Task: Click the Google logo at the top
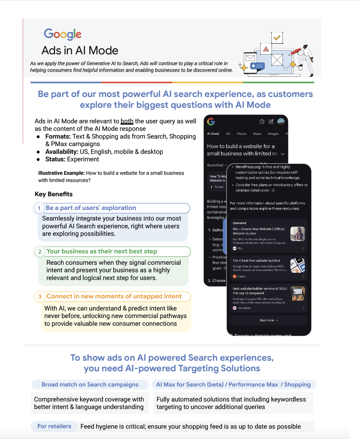tap(63, 34)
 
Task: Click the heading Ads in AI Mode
tap(80, 50)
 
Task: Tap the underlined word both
tap(127, 121)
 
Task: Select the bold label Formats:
tap(58, 136)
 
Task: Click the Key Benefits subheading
tap(54, 194)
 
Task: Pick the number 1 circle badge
tap(39, 208)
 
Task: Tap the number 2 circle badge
tap(40, 252)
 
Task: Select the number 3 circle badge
tap(40, 297)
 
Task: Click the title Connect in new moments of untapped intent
tap(114, 296)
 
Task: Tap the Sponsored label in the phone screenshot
tap(240, 223)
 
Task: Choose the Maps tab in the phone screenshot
tap(257, 134)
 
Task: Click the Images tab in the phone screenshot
tap(273, 134)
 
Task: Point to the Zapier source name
tap(241, 276)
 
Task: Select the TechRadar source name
tap(244, 308)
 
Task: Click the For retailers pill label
tap(54, 426)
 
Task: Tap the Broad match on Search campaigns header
tap(90, 384)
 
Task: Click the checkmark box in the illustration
tap(277, 38)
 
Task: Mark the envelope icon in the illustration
tap(250, 58)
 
